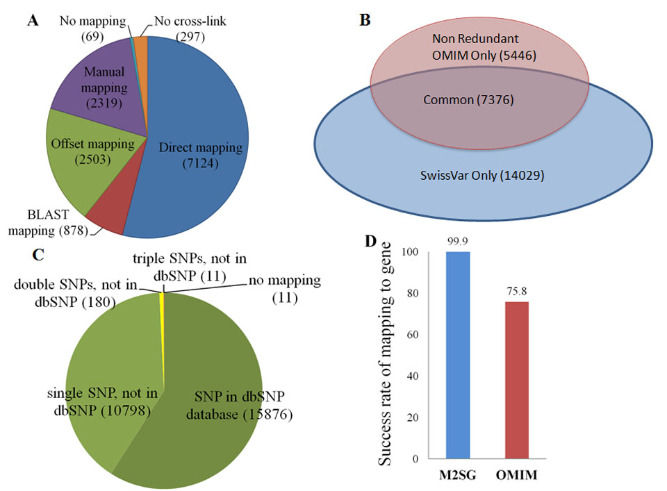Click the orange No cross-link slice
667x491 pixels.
click(142, 52)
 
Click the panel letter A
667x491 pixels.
click(32, 21)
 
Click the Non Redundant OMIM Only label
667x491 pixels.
click(480, 45)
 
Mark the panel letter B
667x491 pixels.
click(365, 21)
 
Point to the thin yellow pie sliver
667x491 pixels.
click(163, 299)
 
